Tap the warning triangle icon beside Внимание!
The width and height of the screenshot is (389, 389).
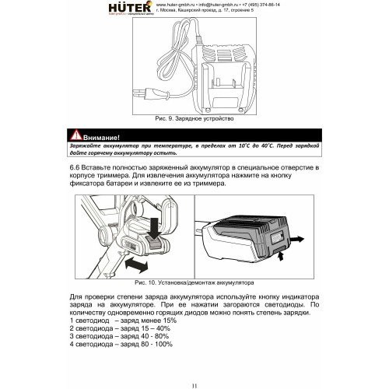point(75,136)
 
